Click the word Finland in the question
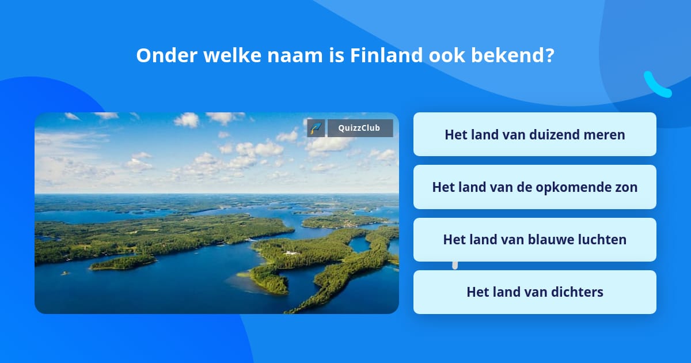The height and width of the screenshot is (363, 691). [x=386, y=55]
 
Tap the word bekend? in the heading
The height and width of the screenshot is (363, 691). [x=512, y=55]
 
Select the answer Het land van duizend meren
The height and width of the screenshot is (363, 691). [x=534, y=134]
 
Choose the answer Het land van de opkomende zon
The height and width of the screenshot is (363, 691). [x=534, y=187]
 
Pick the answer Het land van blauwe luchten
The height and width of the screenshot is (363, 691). [x=534, y=240]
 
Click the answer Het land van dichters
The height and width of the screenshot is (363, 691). [x=534, y=292]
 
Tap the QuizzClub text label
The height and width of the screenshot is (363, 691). [x=359, y=128]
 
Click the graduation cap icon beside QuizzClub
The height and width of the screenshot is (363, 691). [x=316, y=128]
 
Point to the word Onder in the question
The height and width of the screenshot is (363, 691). [x=166, y=55]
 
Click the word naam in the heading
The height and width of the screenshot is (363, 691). [x=295, y=55]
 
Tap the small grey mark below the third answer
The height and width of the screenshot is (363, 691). [x=455, y=266]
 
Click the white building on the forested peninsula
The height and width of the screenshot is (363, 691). [x=291, y=253]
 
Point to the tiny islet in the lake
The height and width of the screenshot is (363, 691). [x=64, y=273]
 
